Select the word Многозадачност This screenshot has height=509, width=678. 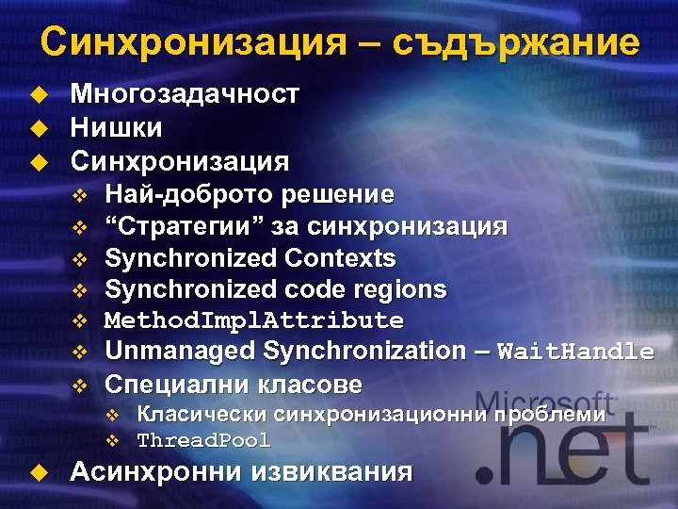click(185, 94)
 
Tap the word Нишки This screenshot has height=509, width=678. click(117, 127)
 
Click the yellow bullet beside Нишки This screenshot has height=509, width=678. click(37, 127)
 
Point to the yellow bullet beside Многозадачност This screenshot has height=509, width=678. click(37, 94)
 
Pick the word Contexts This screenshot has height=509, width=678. click(340, 257)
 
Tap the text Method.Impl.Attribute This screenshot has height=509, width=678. click(253, 320)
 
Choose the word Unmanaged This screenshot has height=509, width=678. click(179, 352)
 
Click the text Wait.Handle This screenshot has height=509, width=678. click(574, 353)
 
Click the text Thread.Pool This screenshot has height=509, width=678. click(203, 440)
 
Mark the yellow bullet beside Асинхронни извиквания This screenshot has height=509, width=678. click(37, 472)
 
